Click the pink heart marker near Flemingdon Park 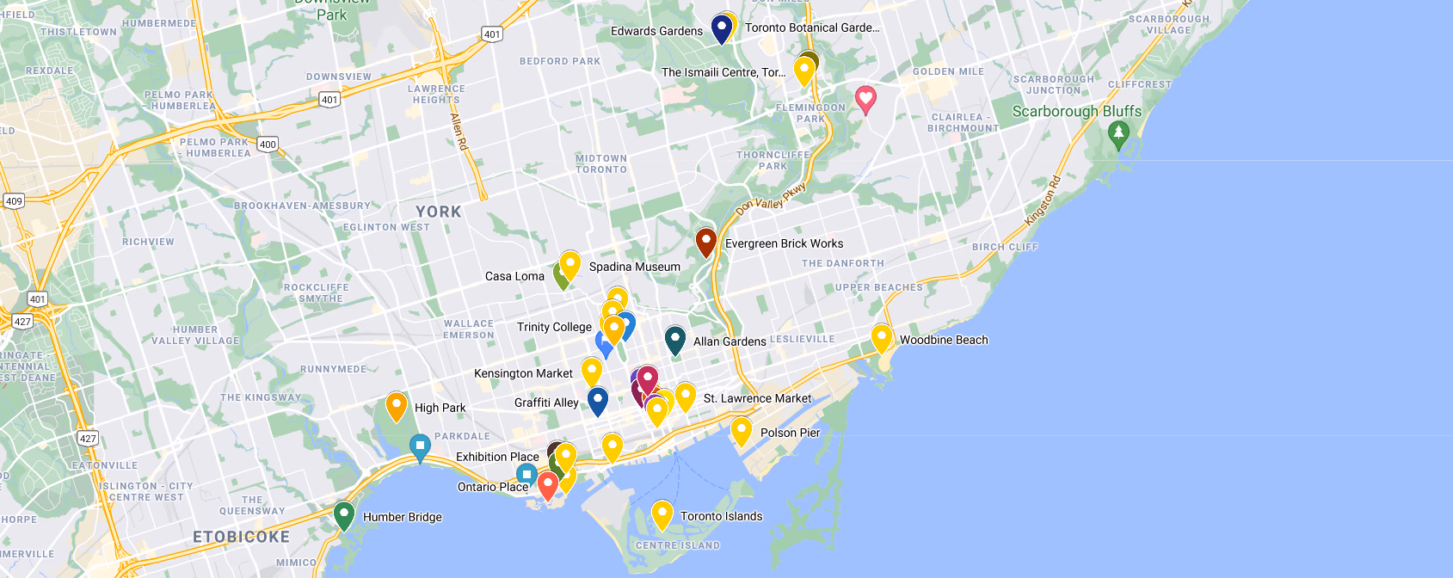pos(865,99)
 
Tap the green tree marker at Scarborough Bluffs pos(1118,134)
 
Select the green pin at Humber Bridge pos(344,515)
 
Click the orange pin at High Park pos(396,405)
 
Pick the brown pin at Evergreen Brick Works pos(705,241)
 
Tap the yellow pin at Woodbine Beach pos(881,337)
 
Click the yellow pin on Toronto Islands pos(662,514)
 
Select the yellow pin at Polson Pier pos(741,430)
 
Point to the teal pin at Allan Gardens pos(675,339)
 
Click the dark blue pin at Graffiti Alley pos(598,400)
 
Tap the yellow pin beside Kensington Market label pos(592,371)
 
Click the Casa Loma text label pos(514,276)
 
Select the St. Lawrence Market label pos(757,398)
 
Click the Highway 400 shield pos(268,144)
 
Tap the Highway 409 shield pos(14,201)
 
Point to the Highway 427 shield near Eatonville pos(88,438)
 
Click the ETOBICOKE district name pos(241,537)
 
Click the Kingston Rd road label pos(1044,200)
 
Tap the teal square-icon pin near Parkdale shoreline pos(419,447)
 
